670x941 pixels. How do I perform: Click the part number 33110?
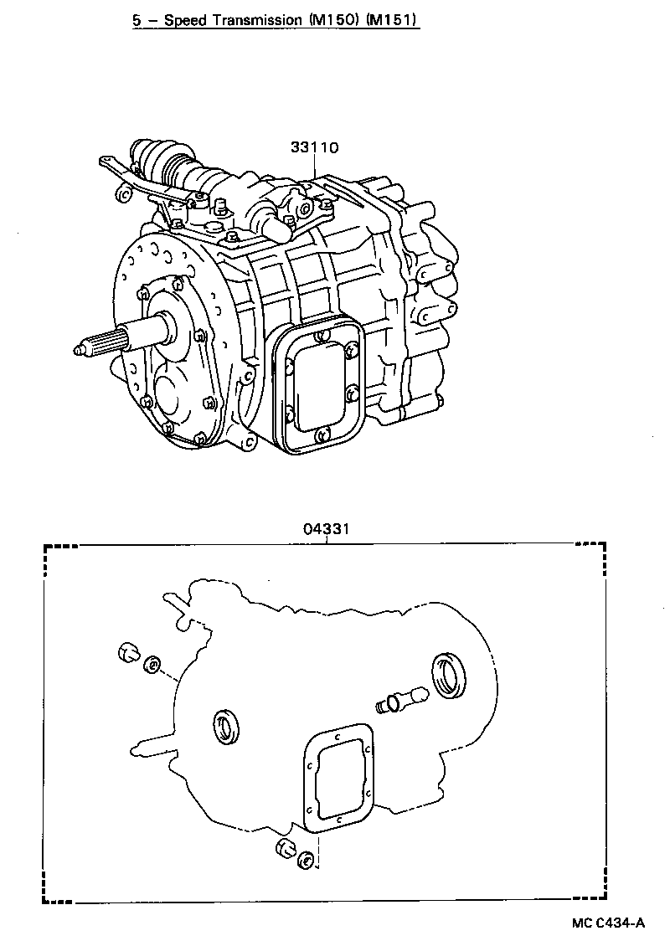314,148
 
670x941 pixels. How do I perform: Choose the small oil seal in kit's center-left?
227,725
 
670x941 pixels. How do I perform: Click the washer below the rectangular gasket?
307,859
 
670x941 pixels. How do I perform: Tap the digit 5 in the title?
136,19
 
